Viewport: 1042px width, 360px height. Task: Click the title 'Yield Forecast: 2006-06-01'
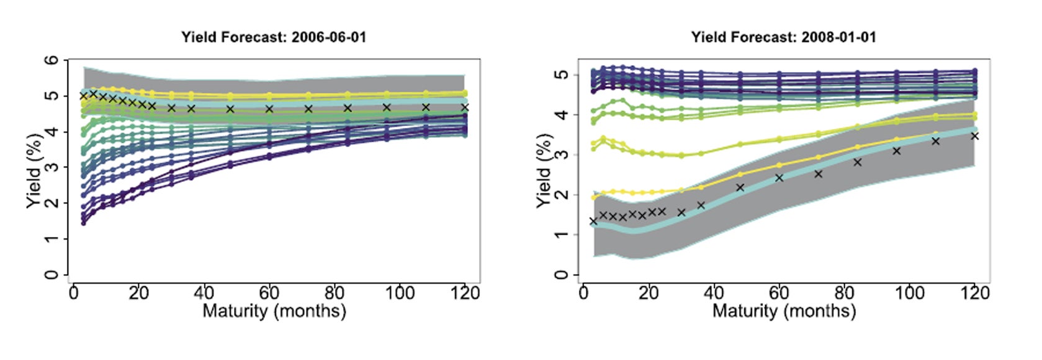point(274,37)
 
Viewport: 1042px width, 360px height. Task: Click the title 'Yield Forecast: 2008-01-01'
point(784,37)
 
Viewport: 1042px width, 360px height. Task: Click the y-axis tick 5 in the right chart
point(562,75)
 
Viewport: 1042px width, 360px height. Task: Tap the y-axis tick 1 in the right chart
point(562,235)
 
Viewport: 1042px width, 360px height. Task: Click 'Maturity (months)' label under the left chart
point(274,310)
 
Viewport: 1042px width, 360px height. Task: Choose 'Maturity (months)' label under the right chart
point(784,310)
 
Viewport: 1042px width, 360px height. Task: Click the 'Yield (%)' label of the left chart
point(35,168)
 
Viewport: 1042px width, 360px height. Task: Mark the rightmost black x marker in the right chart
point(974,136)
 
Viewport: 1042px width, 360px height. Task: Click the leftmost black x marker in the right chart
point(593,221)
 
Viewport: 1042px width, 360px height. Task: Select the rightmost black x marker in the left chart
point(464,108)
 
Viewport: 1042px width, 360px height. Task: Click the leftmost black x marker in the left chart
point(84,96)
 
